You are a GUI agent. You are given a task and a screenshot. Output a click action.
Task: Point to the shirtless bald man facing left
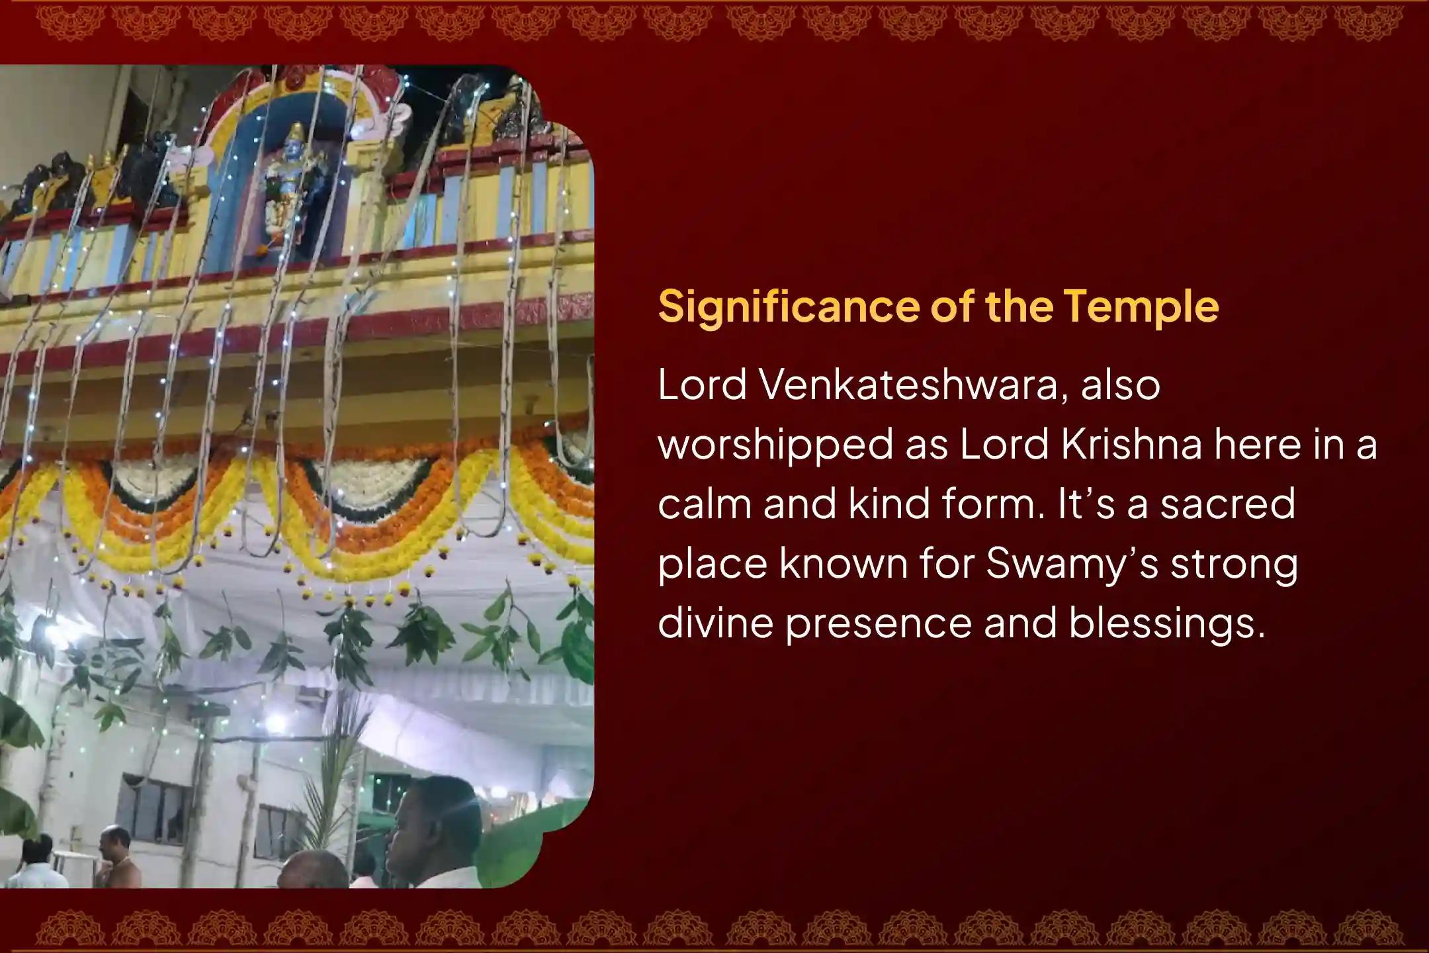click(x=119, y=856)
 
